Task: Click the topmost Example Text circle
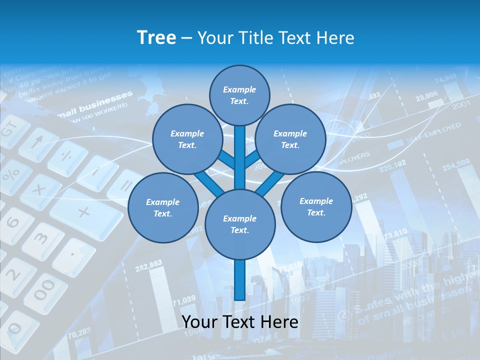(x=239, y=95)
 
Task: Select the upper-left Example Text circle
(x=187, y=139)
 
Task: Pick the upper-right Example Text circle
(x=290, y=139)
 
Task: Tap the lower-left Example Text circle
(x=162, y=207)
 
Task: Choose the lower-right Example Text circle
(x=316, y=206)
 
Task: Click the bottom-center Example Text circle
(x=240, y=224)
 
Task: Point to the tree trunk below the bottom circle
(x=239, y=280)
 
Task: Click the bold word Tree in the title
(x=156, y=37)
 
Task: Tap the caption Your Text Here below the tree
(x=240, y=322)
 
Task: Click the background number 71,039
(x=183, y=300)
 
